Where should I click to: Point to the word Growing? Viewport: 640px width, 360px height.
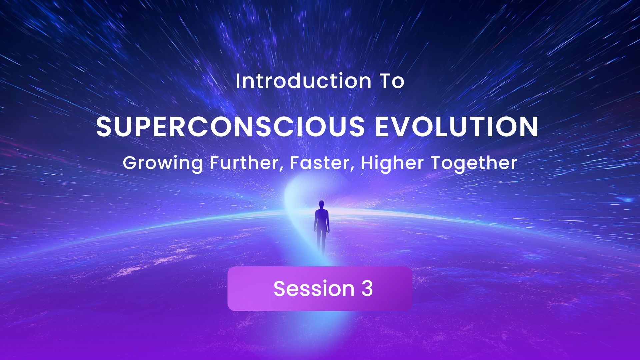point(162,163)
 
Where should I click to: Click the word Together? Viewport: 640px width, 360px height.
point(474,163)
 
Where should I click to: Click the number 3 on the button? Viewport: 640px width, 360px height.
point(366,289)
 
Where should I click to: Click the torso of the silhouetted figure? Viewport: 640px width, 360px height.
point(321,218)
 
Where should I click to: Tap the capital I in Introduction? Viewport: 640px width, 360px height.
point(237,82)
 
